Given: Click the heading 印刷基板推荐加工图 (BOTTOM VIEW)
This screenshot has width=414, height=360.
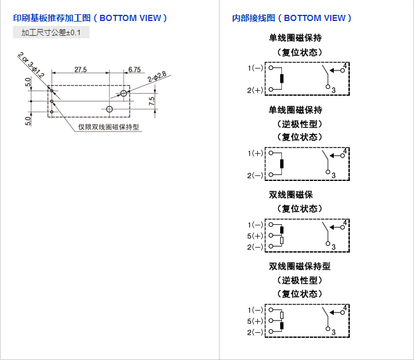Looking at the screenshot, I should point(90,18).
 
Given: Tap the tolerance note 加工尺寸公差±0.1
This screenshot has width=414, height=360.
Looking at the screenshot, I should point(51,32).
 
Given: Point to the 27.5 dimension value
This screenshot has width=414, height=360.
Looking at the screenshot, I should point(81,69).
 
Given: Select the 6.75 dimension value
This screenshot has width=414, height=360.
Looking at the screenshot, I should point(135,69).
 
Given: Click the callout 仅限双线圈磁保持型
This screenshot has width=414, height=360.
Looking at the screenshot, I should point(109,128).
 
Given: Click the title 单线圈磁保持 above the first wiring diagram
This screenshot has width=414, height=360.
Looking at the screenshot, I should point(296,38).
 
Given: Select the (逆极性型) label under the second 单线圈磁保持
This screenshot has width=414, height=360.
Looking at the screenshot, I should point(296,123).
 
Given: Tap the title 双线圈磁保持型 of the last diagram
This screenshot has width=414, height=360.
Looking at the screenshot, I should point(300,267).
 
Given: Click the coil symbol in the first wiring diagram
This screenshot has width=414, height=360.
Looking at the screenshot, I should point(282,78).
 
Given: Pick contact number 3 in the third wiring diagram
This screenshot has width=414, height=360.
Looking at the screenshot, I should point(334,247).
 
